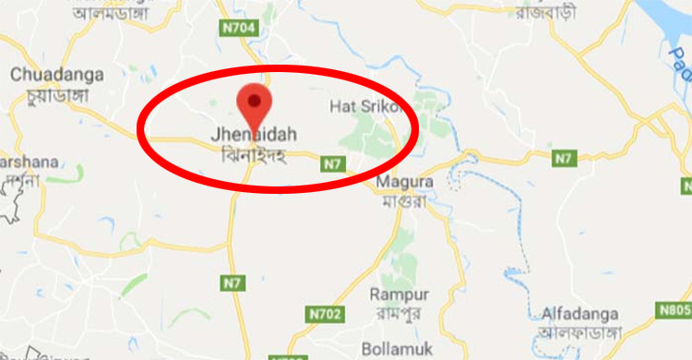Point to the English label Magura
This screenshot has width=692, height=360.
click(399, 183)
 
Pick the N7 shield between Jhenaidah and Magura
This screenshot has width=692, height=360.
click(331, 164)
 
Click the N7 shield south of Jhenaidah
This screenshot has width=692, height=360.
click(232, 281)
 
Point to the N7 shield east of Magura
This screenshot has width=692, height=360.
click(564, 159)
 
